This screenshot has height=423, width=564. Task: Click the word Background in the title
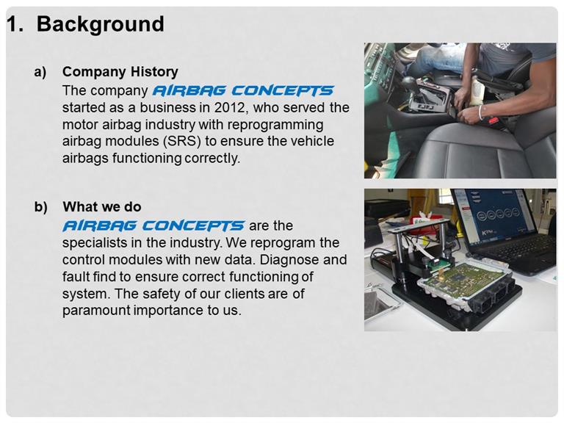(101, 24)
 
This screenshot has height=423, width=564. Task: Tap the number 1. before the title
(15, 24)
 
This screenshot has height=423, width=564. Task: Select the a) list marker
(40, 72)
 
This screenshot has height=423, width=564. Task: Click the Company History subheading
(120, 71)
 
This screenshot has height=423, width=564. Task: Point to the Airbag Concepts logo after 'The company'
(243, 90)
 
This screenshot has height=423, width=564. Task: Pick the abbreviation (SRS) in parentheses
(182, 141)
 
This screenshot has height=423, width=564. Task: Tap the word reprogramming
(275, 124)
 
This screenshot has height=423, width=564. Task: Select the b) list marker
(40, 207)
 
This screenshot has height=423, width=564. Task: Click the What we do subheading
(102, 207)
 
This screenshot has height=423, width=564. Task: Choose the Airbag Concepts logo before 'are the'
(153, 226)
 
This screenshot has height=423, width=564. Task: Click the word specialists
(95, 243)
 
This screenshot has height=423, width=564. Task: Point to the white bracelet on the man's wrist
(481, 113)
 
